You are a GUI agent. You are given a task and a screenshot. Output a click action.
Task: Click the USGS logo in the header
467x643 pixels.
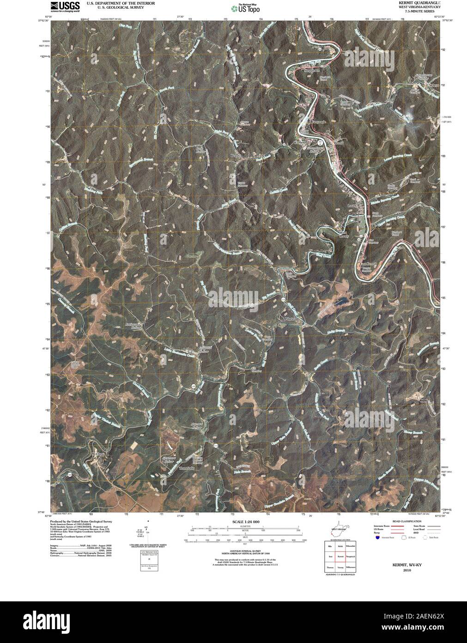[x=60, y=6]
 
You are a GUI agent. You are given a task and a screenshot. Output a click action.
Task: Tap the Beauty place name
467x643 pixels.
[x=237, y=156]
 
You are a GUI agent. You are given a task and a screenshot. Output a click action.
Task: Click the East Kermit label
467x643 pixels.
[x=368, y=264]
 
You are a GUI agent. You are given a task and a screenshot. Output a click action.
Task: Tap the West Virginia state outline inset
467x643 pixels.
[x=339, y=531]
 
